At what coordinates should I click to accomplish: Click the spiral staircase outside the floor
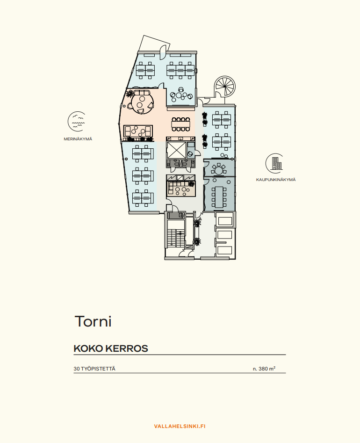click(x=224, y=86)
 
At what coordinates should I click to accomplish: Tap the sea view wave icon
click(x=77, y=122)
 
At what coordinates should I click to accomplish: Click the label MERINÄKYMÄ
click(x=78, y=139)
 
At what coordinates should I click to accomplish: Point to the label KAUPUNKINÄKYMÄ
click(x=276, y=180)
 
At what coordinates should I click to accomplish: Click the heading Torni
click(x=93, y=321)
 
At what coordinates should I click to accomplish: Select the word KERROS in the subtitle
click(x=127, y=349)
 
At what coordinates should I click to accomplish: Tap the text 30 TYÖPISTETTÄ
click(x=94, y=369)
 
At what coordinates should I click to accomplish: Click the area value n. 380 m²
click(x=264, y=369)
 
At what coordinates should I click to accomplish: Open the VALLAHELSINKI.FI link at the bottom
click(x=180, y=426)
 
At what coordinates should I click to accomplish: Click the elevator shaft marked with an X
click(x=176, y=150)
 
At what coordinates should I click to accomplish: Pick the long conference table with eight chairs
click(x=219, y=197)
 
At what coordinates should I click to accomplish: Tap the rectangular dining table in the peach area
click(x=181, y=124)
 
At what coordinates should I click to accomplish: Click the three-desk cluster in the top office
click(x=181, y=70)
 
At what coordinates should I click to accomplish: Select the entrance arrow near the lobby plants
click(x=201, y=218)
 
